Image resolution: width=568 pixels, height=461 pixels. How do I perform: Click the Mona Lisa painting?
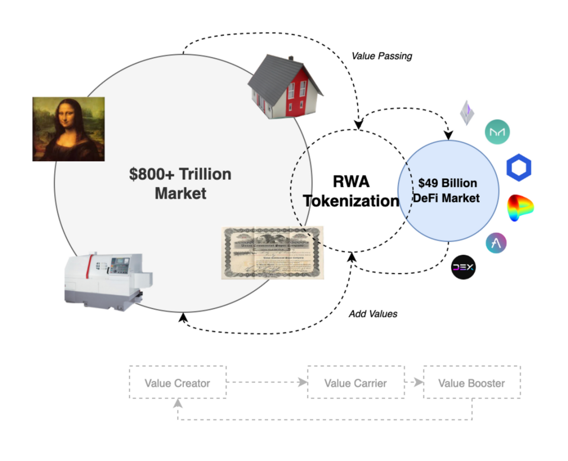(68, 129)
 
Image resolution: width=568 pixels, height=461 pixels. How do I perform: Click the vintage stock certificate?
(272, 252)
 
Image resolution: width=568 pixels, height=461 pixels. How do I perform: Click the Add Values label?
(373, 314)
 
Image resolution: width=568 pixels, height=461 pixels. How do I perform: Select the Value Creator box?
(177, 383)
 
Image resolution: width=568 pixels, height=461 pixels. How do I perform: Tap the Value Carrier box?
(355, 383)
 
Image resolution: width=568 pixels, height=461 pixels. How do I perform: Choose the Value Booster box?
(471, 383)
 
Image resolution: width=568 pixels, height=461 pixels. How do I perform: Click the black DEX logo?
(463, 267)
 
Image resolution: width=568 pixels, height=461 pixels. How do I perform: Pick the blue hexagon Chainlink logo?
(519, 167)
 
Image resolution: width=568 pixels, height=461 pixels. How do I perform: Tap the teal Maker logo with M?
(497, 132)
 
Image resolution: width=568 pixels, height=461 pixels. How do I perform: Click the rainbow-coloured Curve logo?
(520, 208)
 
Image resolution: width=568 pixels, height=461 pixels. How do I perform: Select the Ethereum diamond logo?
(467, 113)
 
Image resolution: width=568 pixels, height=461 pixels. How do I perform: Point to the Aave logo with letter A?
(497, 243)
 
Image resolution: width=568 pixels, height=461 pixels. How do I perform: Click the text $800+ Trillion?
(180, 174)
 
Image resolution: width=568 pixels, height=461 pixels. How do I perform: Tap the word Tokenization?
(351, 201)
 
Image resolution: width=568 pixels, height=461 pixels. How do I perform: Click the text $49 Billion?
(448, 182)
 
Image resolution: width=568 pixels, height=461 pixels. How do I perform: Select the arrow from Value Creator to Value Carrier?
(267, 383)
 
